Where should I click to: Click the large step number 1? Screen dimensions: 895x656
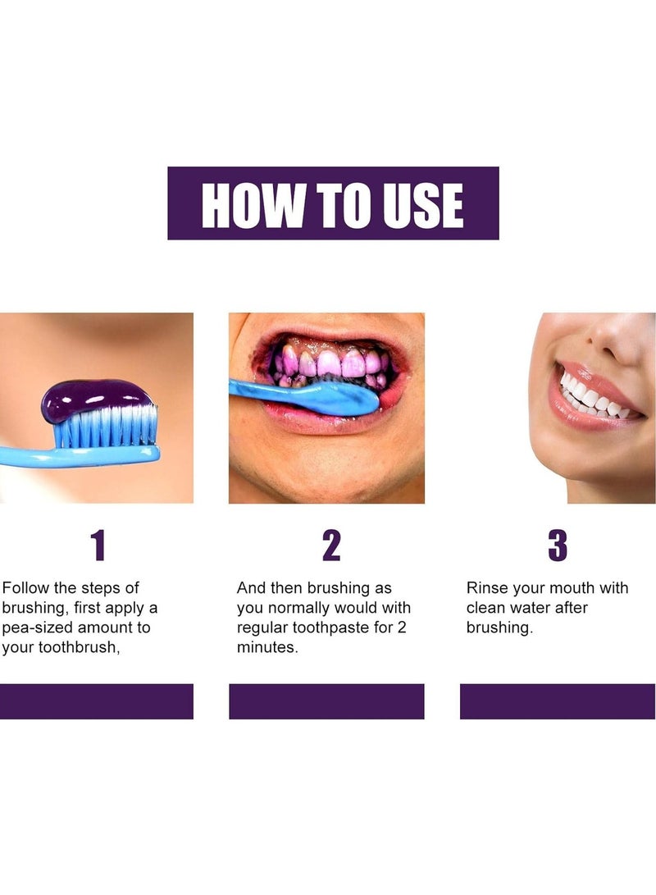(98, 546)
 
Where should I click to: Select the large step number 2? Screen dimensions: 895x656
(330, 546)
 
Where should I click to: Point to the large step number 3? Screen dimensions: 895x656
(558, 546)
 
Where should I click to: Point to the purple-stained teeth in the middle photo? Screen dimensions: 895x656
(328, 363)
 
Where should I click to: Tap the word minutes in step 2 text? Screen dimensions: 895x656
(267, 647)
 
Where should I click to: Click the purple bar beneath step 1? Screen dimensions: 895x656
(96, 701)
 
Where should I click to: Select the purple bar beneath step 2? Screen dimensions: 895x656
(326, 701)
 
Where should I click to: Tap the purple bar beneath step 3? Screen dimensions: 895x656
(558, 701)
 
